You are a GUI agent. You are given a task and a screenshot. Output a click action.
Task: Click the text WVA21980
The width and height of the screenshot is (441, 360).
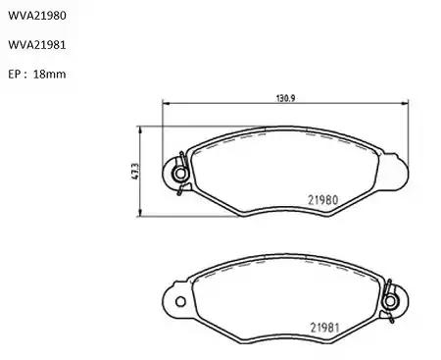(37, 16)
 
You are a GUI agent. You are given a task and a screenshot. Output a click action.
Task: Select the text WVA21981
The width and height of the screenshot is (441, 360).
(37, 45)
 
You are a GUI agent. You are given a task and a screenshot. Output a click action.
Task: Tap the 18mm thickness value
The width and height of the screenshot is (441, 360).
(49, 75)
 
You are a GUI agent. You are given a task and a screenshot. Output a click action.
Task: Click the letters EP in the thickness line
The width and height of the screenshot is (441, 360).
(14, 75)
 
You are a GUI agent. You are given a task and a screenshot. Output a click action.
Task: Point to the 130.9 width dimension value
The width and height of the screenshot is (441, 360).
(286, 98)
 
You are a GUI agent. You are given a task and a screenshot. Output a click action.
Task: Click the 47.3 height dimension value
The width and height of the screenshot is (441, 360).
(135, 171)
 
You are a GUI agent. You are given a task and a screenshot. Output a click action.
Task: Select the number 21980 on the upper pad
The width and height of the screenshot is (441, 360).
(323, 200)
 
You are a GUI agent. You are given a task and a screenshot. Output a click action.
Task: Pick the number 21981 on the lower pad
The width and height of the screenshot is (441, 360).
(325, 328)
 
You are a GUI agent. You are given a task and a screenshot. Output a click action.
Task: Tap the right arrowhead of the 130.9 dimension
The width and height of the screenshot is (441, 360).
(405, 104)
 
